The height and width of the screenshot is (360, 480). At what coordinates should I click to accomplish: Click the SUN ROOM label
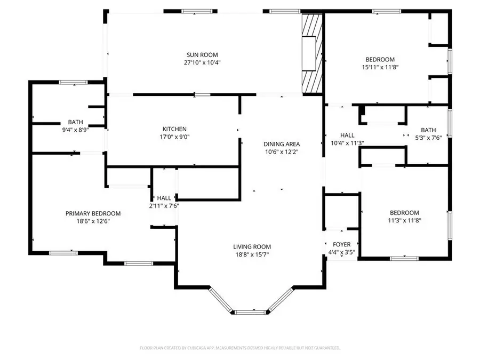pyautogui.click(x=202, y=54)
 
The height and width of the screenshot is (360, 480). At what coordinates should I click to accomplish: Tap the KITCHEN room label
pyautogui.click(x=174, y=129)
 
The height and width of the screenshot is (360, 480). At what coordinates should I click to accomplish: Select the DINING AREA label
pyautogui.click(x=282, y=144)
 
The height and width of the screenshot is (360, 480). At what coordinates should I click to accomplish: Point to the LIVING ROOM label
pyautogui.click(x=252, y=246)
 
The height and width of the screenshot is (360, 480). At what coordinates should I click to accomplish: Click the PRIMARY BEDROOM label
pyautogui.click(x=93, y=213)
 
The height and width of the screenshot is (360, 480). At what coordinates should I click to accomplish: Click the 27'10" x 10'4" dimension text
pyautogui.click(x=202, y=62)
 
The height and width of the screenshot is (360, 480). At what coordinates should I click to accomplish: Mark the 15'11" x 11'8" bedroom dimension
pyautogui.click(x=380, y=67)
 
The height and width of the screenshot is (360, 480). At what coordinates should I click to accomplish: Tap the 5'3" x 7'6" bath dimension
pyautogui.click(x=428, y=138)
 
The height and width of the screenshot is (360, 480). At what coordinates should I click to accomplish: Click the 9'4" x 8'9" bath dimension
pyautogui.click(x=75, y=130)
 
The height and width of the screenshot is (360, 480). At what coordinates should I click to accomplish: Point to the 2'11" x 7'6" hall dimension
pyautogui.click(x=164, y=205)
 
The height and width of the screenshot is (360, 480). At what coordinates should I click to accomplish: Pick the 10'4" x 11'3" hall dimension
pyautogui.click(x=347, y=143)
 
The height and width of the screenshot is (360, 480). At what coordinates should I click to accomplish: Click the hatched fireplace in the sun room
pyautogui.click(x=313, y=53)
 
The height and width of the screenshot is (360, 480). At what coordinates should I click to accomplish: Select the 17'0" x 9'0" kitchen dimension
pyautogui.click(x=174, y=137)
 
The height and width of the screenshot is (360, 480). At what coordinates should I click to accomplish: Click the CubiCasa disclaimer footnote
pyautogui.click(x=239, y=348)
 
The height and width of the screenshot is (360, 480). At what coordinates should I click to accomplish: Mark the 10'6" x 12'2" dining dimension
pyautogui.click(x=282, y=151)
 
